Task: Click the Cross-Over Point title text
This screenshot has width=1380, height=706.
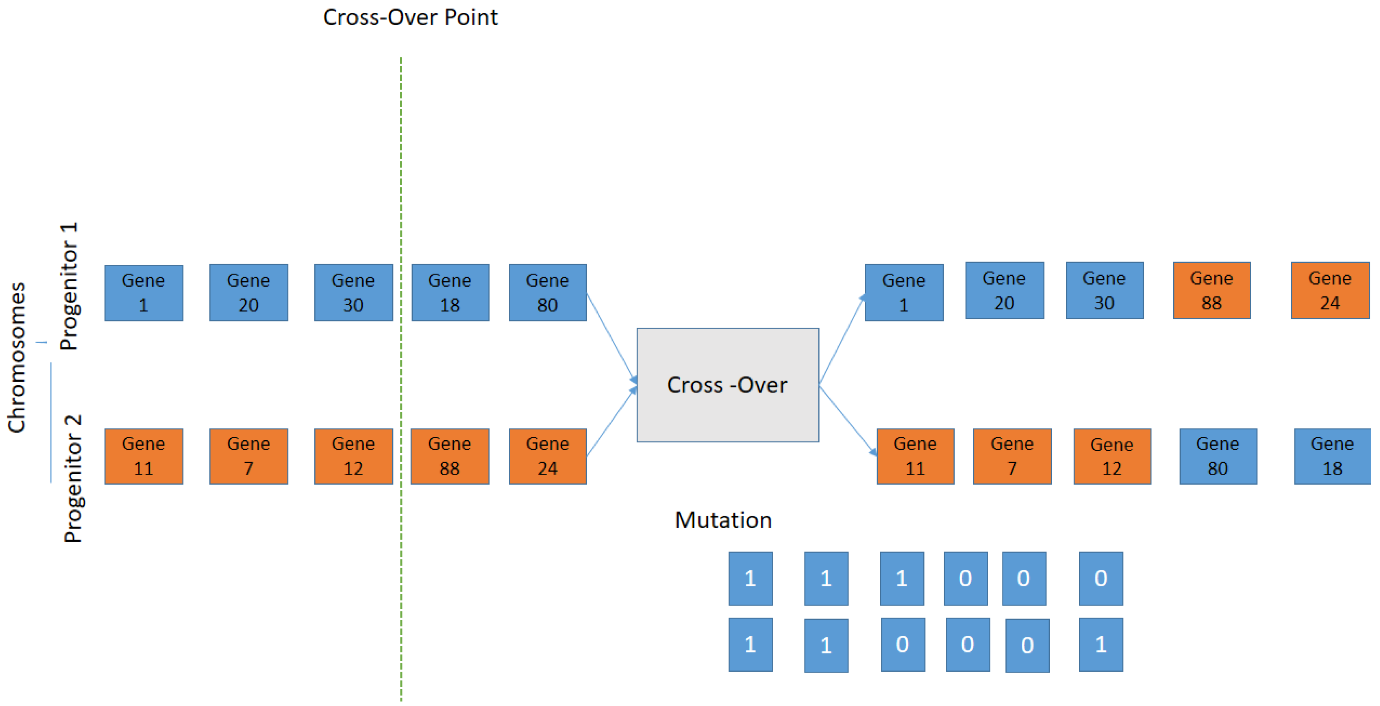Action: pos(410,18)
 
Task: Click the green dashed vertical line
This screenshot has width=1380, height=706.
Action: pos(401,161)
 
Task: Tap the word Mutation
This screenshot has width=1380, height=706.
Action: pos(723,520)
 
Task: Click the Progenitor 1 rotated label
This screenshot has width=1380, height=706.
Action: pos(69,287)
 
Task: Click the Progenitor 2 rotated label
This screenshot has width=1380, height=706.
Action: pos(72,478)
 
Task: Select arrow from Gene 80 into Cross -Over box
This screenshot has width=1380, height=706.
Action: pos(611,337)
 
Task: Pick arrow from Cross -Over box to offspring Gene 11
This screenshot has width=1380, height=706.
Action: pos(848,421)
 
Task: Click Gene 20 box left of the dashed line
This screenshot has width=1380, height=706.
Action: pos(249,293)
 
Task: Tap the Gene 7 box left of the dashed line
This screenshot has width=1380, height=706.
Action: pos(249,456)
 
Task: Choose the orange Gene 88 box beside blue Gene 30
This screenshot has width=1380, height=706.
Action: pos(1211,290)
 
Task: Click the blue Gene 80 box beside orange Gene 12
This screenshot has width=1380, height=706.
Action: pos(1218,456)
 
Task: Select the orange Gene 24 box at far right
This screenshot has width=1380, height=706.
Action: pos(1330,290)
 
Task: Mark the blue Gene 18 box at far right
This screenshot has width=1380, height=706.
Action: pos(1332,456)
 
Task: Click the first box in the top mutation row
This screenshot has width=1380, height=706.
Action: pos(750,578)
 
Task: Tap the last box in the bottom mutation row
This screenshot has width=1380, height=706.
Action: pos(1100,644)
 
